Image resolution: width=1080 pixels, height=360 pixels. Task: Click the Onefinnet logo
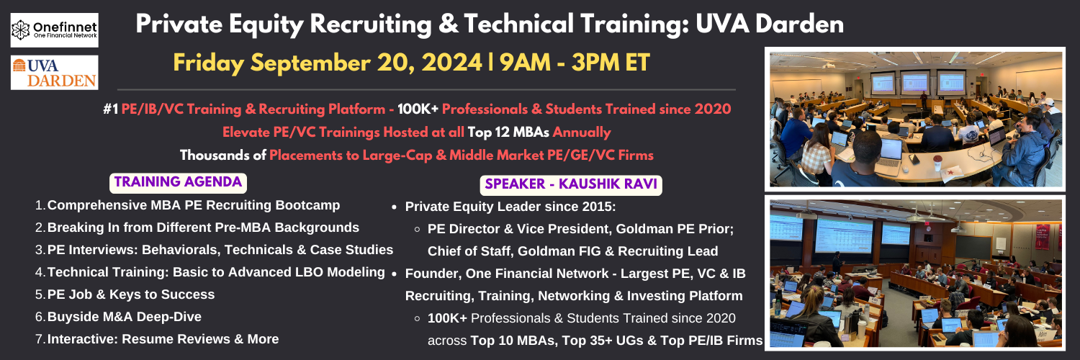pos(55,30)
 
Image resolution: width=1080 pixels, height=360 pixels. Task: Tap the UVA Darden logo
pos(55,72)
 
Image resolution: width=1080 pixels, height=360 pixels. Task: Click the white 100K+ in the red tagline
pos(418,109)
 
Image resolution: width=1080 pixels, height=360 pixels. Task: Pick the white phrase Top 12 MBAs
pos(508,132)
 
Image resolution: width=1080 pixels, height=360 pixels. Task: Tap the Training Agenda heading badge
pos(178,183)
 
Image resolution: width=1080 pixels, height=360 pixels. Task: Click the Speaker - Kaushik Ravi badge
pos(571,184)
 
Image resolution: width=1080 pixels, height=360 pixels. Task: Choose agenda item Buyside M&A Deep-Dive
pos(125,317)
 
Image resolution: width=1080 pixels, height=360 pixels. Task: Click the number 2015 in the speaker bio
pos(598,207)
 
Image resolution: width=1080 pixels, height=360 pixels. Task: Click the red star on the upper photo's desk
pos(951,171)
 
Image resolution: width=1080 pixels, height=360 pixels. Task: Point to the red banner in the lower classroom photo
pos(1042,236)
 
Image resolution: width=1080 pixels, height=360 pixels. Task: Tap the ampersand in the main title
pos(448,24)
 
